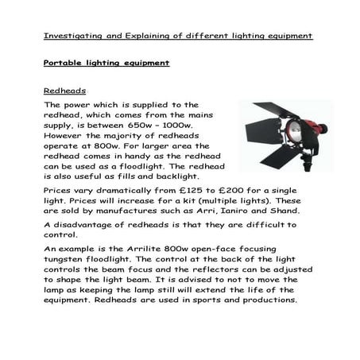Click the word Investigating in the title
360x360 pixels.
coord(70,36)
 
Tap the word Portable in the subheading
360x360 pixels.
coord(64,62)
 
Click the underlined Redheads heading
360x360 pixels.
coord(64,91)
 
